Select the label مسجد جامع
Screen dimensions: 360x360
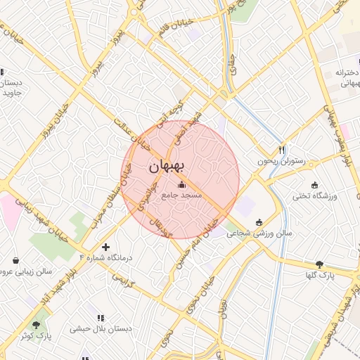click(x=182, y=195)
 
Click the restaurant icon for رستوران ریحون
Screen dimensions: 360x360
click(x=282, y=149)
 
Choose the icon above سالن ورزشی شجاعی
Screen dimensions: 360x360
click(x=259, y=222)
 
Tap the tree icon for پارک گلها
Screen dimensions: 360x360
click(x=320, y=264)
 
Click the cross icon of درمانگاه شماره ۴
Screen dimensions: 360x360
click(x=105, y=247)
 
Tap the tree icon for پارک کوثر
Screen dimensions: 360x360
click(x=37, y=324)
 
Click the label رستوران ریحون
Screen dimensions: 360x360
click(x=283, y=161)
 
